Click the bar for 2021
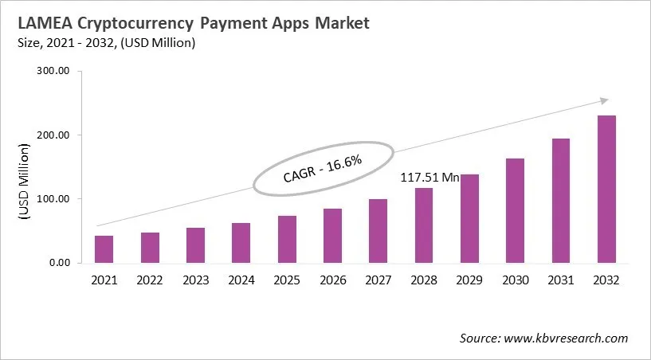pyautogui.click(x=104, y=248)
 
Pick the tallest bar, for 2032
pyautogui.click(x=606, y=189)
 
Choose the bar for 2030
pyautogui.click(x=516, y=210)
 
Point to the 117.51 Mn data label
pyautogui.click(x=429, y=178)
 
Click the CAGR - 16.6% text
pyautogui.click(x=323, y=169)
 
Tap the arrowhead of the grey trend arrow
pyautogui.click(x=605, y=100)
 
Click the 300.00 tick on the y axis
pyautogui.click(x=54, y=72)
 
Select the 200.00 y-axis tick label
pyautogui.click(x=54, y=135)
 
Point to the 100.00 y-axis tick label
pyautogui.click(x=54, y=199)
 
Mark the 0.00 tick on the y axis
pyautogui.click(x=59, y=263)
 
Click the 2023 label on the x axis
pyautogui.click(x=195, y=280)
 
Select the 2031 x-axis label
pyautogui.click(x=561, y=280)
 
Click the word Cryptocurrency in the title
pyautogui.click(x=136, y=23)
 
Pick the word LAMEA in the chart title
pyautogui.click(x=39, y=23)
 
